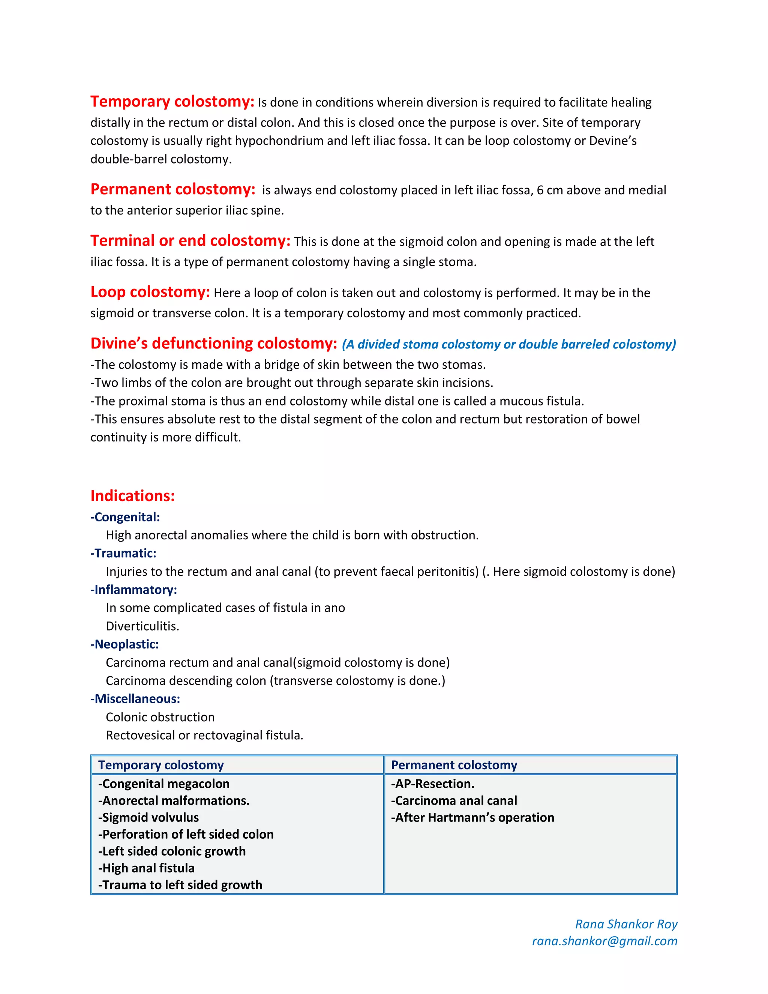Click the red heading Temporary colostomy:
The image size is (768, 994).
click(172, 102)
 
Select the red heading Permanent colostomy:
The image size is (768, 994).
click(173, 189)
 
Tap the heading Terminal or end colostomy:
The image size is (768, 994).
click(190, 241)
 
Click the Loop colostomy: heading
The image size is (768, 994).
click(150, 292)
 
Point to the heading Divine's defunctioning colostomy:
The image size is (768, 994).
click(214, 344)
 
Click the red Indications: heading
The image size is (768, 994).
click(132, 495)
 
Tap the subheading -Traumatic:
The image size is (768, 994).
click(123, 553)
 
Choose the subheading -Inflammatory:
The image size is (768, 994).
click(134, 590)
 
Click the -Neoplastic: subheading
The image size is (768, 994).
click(124, 644)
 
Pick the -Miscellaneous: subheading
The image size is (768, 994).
click(135, 699)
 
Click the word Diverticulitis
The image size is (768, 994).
click(142, 626)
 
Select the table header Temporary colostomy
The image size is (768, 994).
click(161, 765)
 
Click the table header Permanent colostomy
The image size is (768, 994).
click(454, 765)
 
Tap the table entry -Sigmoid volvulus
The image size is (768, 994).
click(148, 817)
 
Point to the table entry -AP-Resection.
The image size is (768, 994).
click(433, 784)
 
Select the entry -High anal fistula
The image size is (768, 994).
click(147, 868)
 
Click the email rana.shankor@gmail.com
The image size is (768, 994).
click(604, 941)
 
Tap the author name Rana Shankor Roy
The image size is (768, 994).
click(626, 924)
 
